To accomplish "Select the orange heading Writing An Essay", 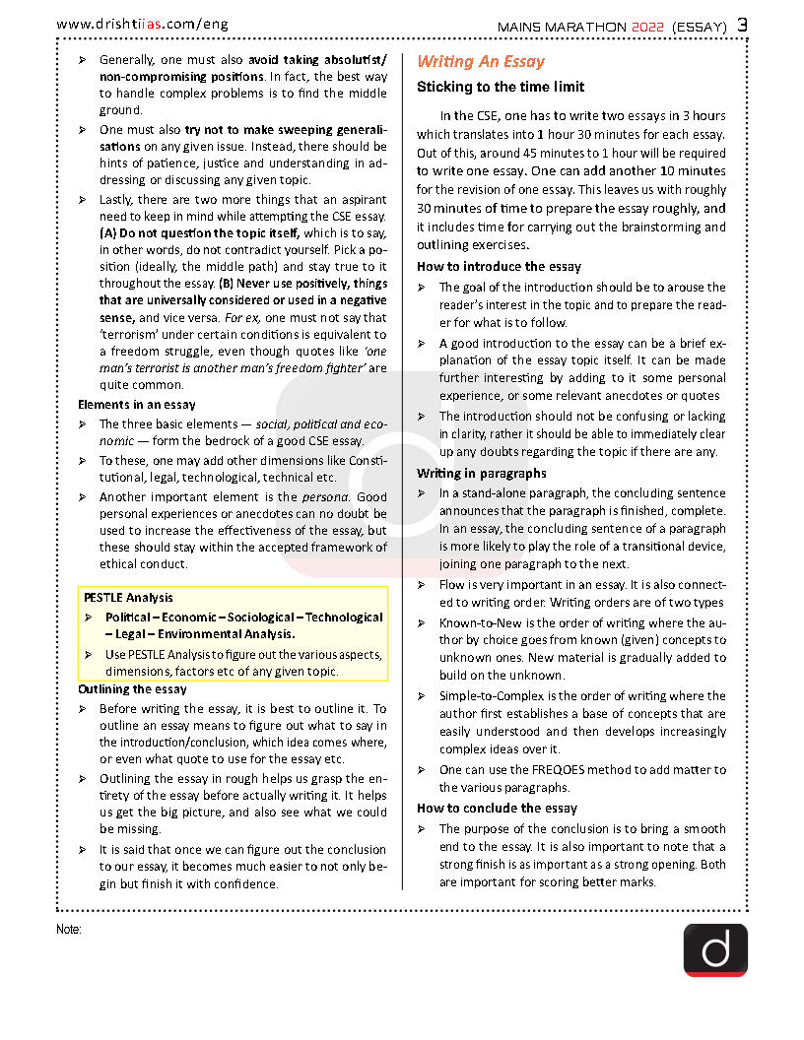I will coord(480,61).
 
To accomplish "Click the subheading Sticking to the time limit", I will coord(500,87).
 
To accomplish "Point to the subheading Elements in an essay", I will coord(136,404).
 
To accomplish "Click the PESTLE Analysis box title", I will coord(128,597).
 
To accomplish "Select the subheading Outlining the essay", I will coord(132,689).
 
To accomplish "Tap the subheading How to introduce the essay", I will coord(499,266).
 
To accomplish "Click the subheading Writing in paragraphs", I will coord(481,473).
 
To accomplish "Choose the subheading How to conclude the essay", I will coord(497,808).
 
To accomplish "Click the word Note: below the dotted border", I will coord(69,929).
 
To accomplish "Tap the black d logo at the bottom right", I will coord(715,949).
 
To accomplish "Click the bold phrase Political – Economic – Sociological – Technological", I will coord(244,617).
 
